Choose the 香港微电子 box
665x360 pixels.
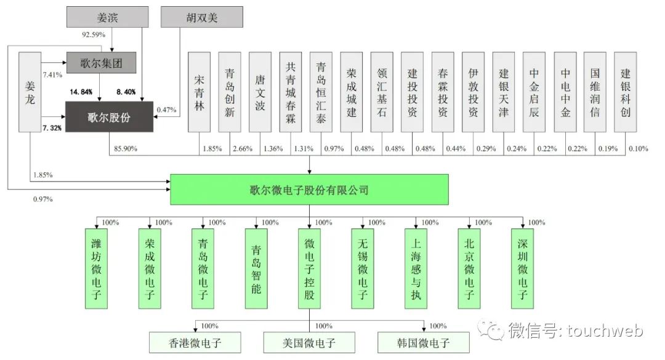[195, 343]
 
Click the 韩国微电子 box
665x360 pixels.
[424, 343]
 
